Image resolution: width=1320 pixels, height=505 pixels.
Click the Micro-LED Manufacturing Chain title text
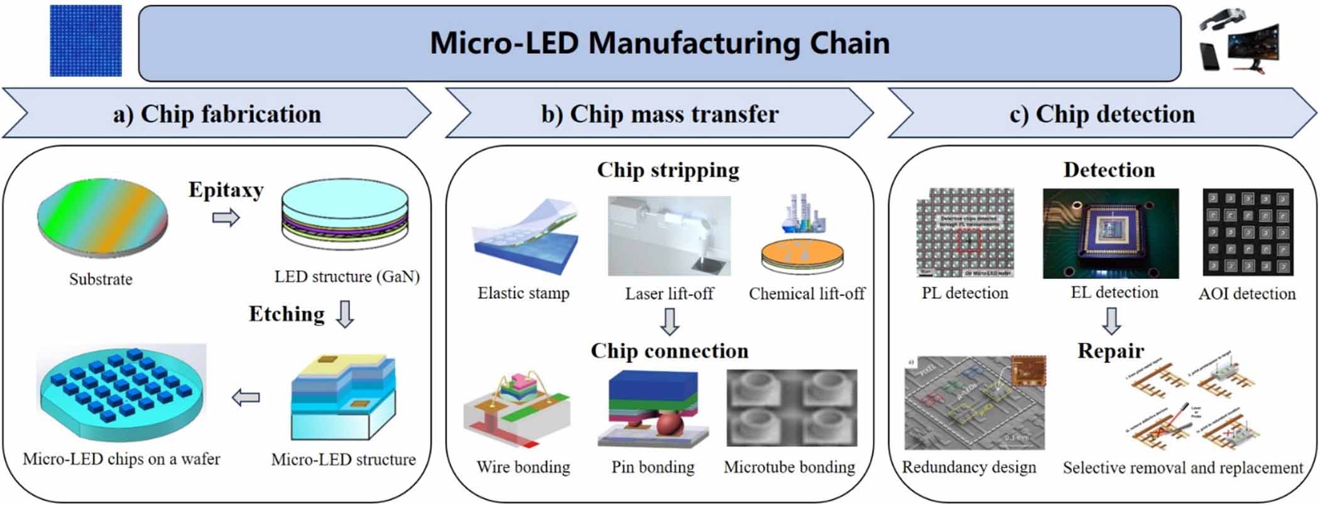(659, 43)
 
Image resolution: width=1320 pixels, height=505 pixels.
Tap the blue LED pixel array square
(85, 41)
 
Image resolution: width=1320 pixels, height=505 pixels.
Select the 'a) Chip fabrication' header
(217, 114)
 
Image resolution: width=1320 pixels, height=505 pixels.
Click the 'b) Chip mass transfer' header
(660, 114)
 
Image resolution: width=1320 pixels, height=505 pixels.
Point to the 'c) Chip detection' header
(1102, 114)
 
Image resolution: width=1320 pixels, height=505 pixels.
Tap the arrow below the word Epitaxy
(226, 218)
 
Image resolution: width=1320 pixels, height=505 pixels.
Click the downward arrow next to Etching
(345, 314)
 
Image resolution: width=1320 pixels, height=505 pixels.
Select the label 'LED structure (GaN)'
(347, 276)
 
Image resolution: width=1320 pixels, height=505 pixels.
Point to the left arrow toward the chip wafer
(246, 397)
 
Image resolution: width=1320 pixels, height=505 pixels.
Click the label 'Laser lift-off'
(669, 293)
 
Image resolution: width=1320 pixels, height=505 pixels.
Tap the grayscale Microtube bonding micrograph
(792, 408)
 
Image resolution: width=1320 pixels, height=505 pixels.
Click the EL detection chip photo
(1110, 234)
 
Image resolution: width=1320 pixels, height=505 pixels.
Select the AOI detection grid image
(1248, 232)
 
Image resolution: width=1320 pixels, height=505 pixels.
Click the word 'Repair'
(1110, 350)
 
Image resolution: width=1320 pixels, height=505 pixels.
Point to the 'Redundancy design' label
(969, 467)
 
